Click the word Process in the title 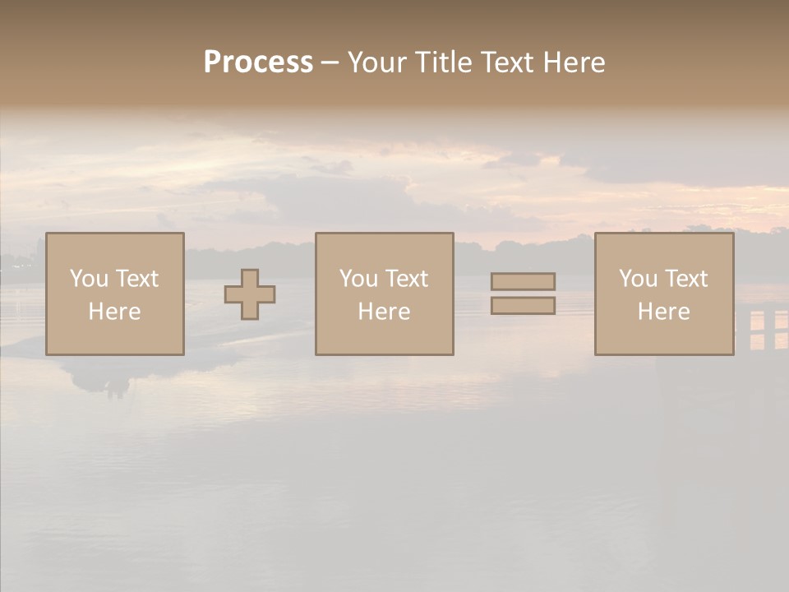click(x=258, y=62)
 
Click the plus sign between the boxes click(x=250, y=294)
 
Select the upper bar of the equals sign click(x=523, y=281)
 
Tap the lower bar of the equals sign click(x=523, y=305)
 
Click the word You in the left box click(x=89, y=279)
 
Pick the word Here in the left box click(x=114, y=312)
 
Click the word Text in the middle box click(x=406, y=279)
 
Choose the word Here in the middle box click(x=384, y=312)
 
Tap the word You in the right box click(x=638, y=279)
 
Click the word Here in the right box click(x=663, y=312)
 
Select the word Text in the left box click(x=136, y=279)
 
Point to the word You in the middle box click(x=358, y=279)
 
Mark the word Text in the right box click(x=685, y=279)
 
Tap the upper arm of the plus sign click(x=250, y=278)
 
